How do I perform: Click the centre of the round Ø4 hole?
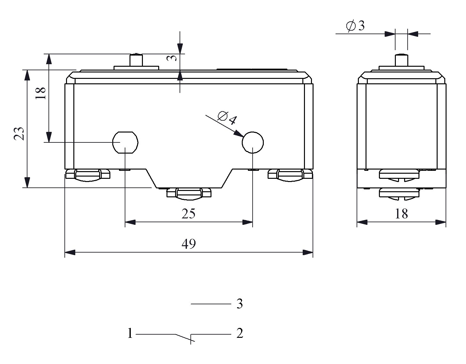[x=253, y=142]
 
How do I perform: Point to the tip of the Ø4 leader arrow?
[x=243, y=137]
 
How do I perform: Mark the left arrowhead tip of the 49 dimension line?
[x=65, y=252]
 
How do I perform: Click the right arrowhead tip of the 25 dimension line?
[x=253, y=222]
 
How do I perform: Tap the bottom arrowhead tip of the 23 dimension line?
[x=27, y=188]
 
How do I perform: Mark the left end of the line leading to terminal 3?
[x=191, y=304]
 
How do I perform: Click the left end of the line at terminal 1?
[x=136, y=334]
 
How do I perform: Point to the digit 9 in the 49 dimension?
[x=192, y=244]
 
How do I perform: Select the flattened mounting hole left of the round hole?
[x=125, y=142]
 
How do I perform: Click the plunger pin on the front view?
[x=136, y=60]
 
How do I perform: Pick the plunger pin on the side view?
[x=402, y=60]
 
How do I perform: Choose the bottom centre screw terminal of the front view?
[x=189, y=194]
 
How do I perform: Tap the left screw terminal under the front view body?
[x=88, y=175]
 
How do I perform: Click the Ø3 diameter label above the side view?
[x=355, y=26]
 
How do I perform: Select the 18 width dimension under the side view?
[x=402, y=214]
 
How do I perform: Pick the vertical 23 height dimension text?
[x=19, y=134]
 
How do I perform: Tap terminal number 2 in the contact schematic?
[x=240, y=333]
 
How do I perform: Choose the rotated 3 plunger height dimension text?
[x=172, y=58]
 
